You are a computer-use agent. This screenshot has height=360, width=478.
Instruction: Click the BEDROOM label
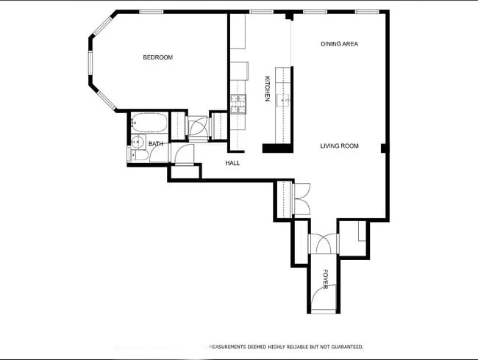pyautogui.click(x=157, y=57)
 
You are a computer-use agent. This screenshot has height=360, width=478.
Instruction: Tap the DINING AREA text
pyautogui.click(x=339, y=44)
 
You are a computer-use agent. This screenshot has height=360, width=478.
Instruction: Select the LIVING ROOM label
pyautogui.click(x=339, y=146)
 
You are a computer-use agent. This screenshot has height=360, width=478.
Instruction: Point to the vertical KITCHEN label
pyautogui.click(x=268, y=89)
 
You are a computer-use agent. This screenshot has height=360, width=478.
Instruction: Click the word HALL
pyautogui.click(x=232, y=163)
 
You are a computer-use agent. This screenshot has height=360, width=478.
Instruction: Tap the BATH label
pyautogui.click(x=156, y=144)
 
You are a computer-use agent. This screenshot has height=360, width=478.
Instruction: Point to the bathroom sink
pyautogui.click(x=136, y=142)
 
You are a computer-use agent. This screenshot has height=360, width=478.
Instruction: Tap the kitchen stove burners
pyautogui.click(x=238, y=104)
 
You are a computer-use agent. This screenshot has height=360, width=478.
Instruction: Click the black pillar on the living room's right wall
pyautogui.click(x=384, y=148)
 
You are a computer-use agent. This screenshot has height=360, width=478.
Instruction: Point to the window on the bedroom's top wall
pyautogui.click(x=151, y=12)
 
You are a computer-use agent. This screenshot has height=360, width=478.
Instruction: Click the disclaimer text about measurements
pyautogui.click(x=287, y=346)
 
